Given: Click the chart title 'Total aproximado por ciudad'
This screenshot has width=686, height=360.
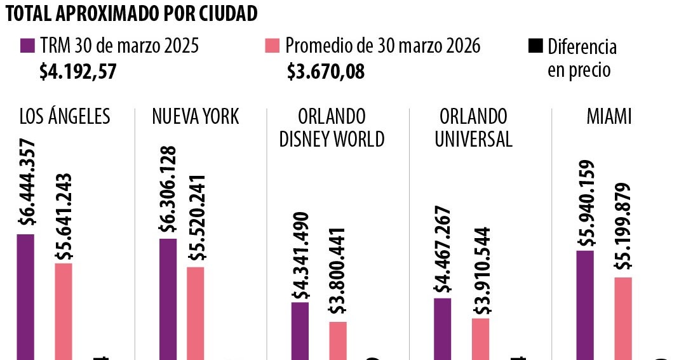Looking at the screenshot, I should (x=131, y=14).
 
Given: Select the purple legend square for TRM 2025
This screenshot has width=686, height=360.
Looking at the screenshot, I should (x=27, y=46).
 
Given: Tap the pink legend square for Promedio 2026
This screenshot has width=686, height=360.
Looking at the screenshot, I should (x=272, y=46).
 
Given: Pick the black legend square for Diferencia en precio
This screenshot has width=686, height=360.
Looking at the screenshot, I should (x=535, y=46).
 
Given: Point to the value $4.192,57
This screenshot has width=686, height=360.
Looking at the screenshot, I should (x=77, y=71).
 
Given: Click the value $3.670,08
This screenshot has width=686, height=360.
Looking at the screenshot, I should (x=326, y=71).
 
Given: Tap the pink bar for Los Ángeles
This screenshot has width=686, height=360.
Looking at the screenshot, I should (x=64, y=310).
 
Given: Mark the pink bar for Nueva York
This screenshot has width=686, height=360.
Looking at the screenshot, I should (x=196, y=312).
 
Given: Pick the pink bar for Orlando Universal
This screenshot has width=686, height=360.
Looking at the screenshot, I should (x=481, y=338).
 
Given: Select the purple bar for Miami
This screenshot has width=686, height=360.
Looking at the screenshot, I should (x=585, y=305).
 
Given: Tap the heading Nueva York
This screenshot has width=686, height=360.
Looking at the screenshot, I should (x=196, y=117).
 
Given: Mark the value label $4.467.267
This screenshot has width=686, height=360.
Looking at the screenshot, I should (x=443, y=250).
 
